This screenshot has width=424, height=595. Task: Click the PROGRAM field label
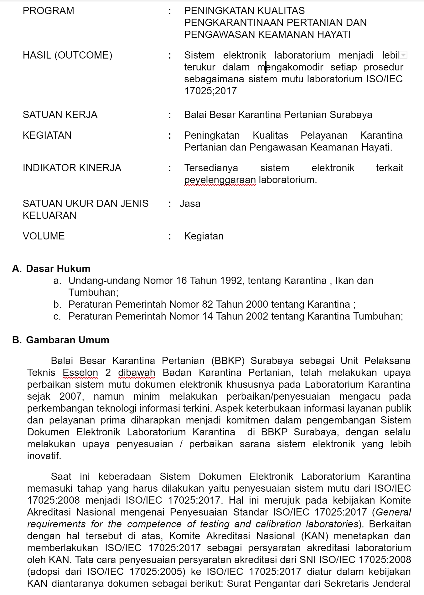point(49,11)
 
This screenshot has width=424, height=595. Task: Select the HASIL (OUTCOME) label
point(67,55)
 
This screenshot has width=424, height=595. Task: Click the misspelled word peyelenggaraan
point(220,180)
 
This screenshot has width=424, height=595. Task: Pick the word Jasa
point(190,204)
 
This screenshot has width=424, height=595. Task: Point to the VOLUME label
point(44,236)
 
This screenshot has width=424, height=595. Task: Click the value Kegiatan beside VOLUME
point(204,236)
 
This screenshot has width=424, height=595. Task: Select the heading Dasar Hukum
point(58,269)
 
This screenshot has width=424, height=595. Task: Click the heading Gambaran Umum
point(68,340)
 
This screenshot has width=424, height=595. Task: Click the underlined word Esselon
point(80,372)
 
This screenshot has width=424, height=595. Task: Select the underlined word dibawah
point(137,372)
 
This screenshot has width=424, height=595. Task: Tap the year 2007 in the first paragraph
point(71,396)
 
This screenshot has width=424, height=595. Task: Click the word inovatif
point(44,456)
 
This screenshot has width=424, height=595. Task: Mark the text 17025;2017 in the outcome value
point(210,91)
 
